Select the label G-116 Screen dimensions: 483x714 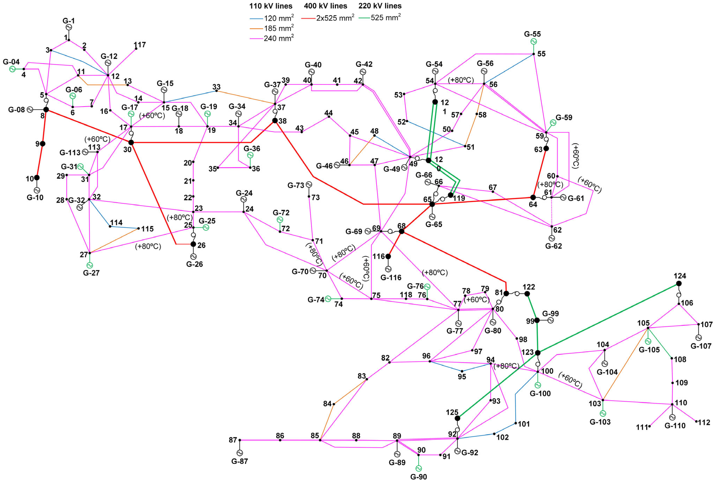pos(391,277)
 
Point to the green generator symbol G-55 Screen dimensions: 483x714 pos(533,41)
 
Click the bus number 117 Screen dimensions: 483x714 pos(140,45)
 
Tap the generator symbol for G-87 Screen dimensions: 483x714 pos(240,453)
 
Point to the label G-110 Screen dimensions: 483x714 pos(675,426)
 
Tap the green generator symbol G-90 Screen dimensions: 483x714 pos(418,468)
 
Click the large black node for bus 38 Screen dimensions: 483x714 pos(275,120)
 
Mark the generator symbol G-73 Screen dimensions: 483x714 pos(309,184)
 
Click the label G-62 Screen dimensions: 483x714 pos(553,246)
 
